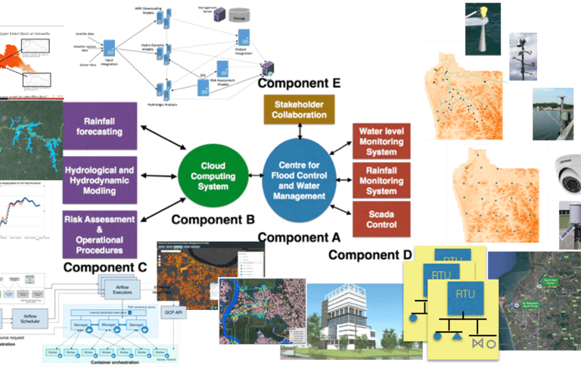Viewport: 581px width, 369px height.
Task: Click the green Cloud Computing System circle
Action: pyautogui.click(x=213, y=175)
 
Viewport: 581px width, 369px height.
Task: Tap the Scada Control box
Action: pyautogui.click(x=381, y=218)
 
